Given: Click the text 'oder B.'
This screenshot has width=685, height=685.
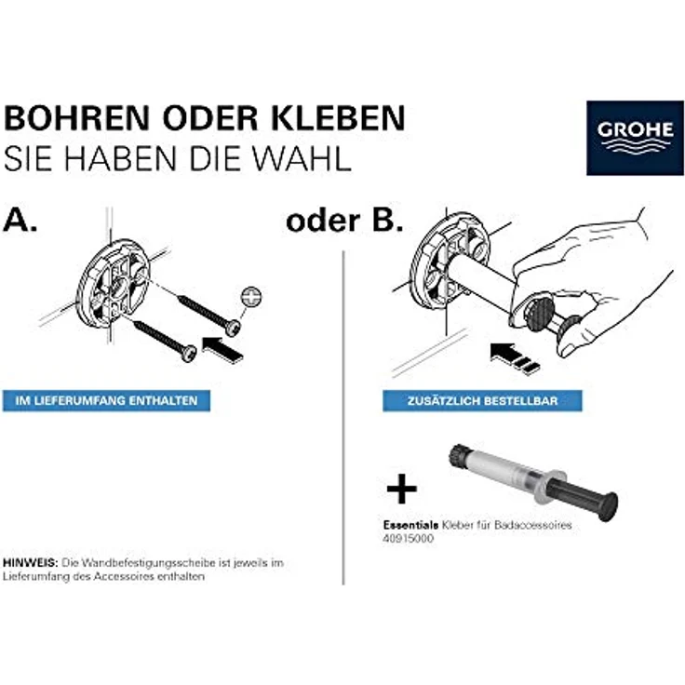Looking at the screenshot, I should pos(343,221).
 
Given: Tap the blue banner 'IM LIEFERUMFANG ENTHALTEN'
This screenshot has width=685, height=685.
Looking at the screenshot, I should pos(106,401).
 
